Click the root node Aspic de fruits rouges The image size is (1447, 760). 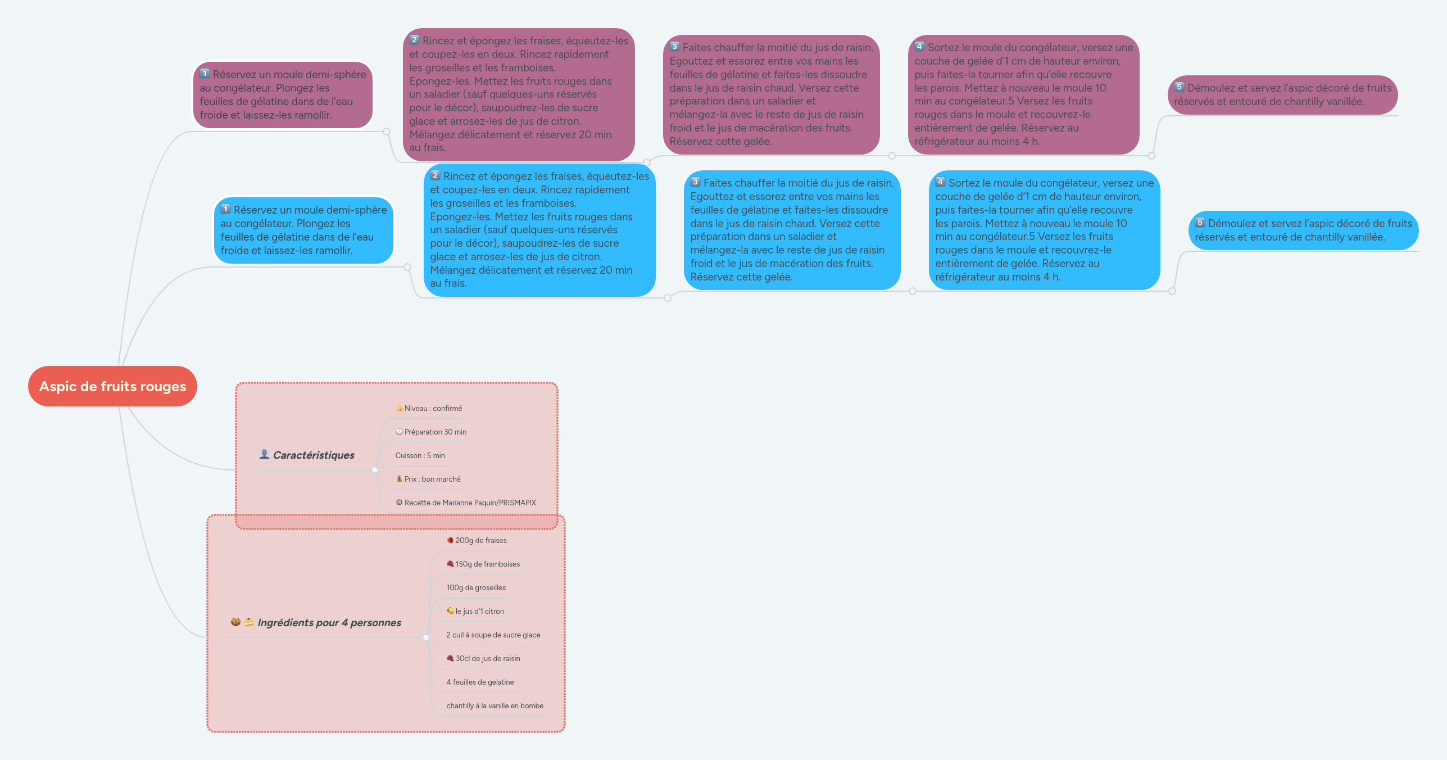tap(112, 386)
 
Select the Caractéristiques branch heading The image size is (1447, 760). tap(313, 455)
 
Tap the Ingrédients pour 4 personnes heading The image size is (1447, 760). tap(329, 622)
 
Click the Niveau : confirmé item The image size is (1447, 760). tap(433, 408)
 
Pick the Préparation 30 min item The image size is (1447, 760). tap(435, 432)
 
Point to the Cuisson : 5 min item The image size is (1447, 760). tap(420, 455)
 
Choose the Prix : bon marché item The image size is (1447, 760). tap(432, 479)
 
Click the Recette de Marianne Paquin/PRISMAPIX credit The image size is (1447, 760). tap(470, 503)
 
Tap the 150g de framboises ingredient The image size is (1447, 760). tap(487, 564)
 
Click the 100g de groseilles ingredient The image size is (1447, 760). tap(476, 587)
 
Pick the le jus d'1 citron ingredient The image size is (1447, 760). tap(479, 611)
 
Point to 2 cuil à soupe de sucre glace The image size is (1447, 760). tap(493, 635)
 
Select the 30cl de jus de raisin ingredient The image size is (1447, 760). tap(487, 658)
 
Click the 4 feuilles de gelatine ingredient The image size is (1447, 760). tap(480, 682)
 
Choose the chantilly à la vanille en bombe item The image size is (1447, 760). tap(495, 705)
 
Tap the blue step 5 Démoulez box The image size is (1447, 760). tap(1303, 230)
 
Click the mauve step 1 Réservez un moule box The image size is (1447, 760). tap(283, 95)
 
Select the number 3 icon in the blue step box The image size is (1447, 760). tap(696, 182)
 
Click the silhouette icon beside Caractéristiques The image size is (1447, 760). tap(264, 454)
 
